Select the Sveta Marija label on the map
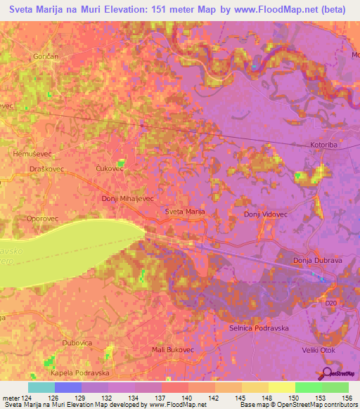(185, 212)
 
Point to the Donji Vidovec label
(266, 214)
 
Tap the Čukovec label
(109, 169)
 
